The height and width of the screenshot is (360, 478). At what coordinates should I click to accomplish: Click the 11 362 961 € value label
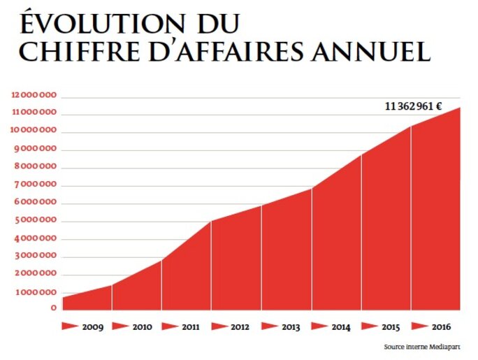coord(413,106)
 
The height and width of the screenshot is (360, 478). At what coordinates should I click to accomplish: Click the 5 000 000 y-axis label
coord(36,221)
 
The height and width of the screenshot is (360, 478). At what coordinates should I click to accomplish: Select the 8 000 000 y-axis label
coord(36,167)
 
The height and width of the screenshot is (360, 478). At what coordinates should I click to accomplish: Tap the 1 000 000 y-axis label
coord(36,292)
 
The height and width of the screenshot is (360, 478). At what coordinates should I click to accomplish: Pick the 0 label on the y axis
coord(54,308)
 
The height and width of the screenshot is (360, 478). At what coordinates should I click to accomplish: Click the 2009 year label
coord(93,326)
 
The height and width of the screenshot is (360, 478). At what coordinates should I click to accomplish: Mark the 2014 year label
coord(342,326)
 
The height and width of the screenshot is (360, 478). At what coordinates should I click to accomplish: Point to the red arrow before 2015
coord(370,326)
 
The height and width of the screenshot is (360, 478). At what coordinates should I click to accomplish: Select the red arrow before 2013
coord(270,326)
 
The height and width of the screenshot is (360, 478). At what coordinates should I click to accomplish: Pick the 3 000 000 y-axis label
coord(36,257)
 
